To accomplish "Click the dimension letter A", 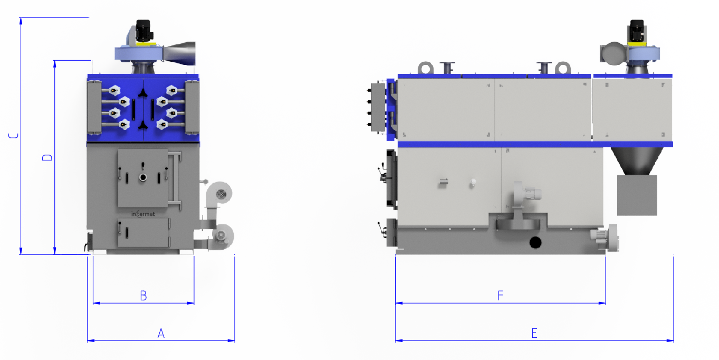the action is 161,334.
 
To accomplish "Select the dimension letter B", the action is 143,296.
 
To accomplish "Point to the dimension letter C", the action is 14,136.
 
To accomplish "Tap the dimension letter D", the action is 47,157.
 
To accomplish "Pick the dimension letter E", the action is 534,334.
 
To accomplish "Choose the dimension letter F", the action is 500,296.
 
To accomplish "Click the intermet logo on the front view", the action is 143,214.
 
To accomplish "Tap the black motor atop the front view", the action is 143,31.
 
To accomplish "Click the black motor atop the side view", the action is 637,31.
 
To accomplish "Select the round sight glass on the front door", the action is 143,177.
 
